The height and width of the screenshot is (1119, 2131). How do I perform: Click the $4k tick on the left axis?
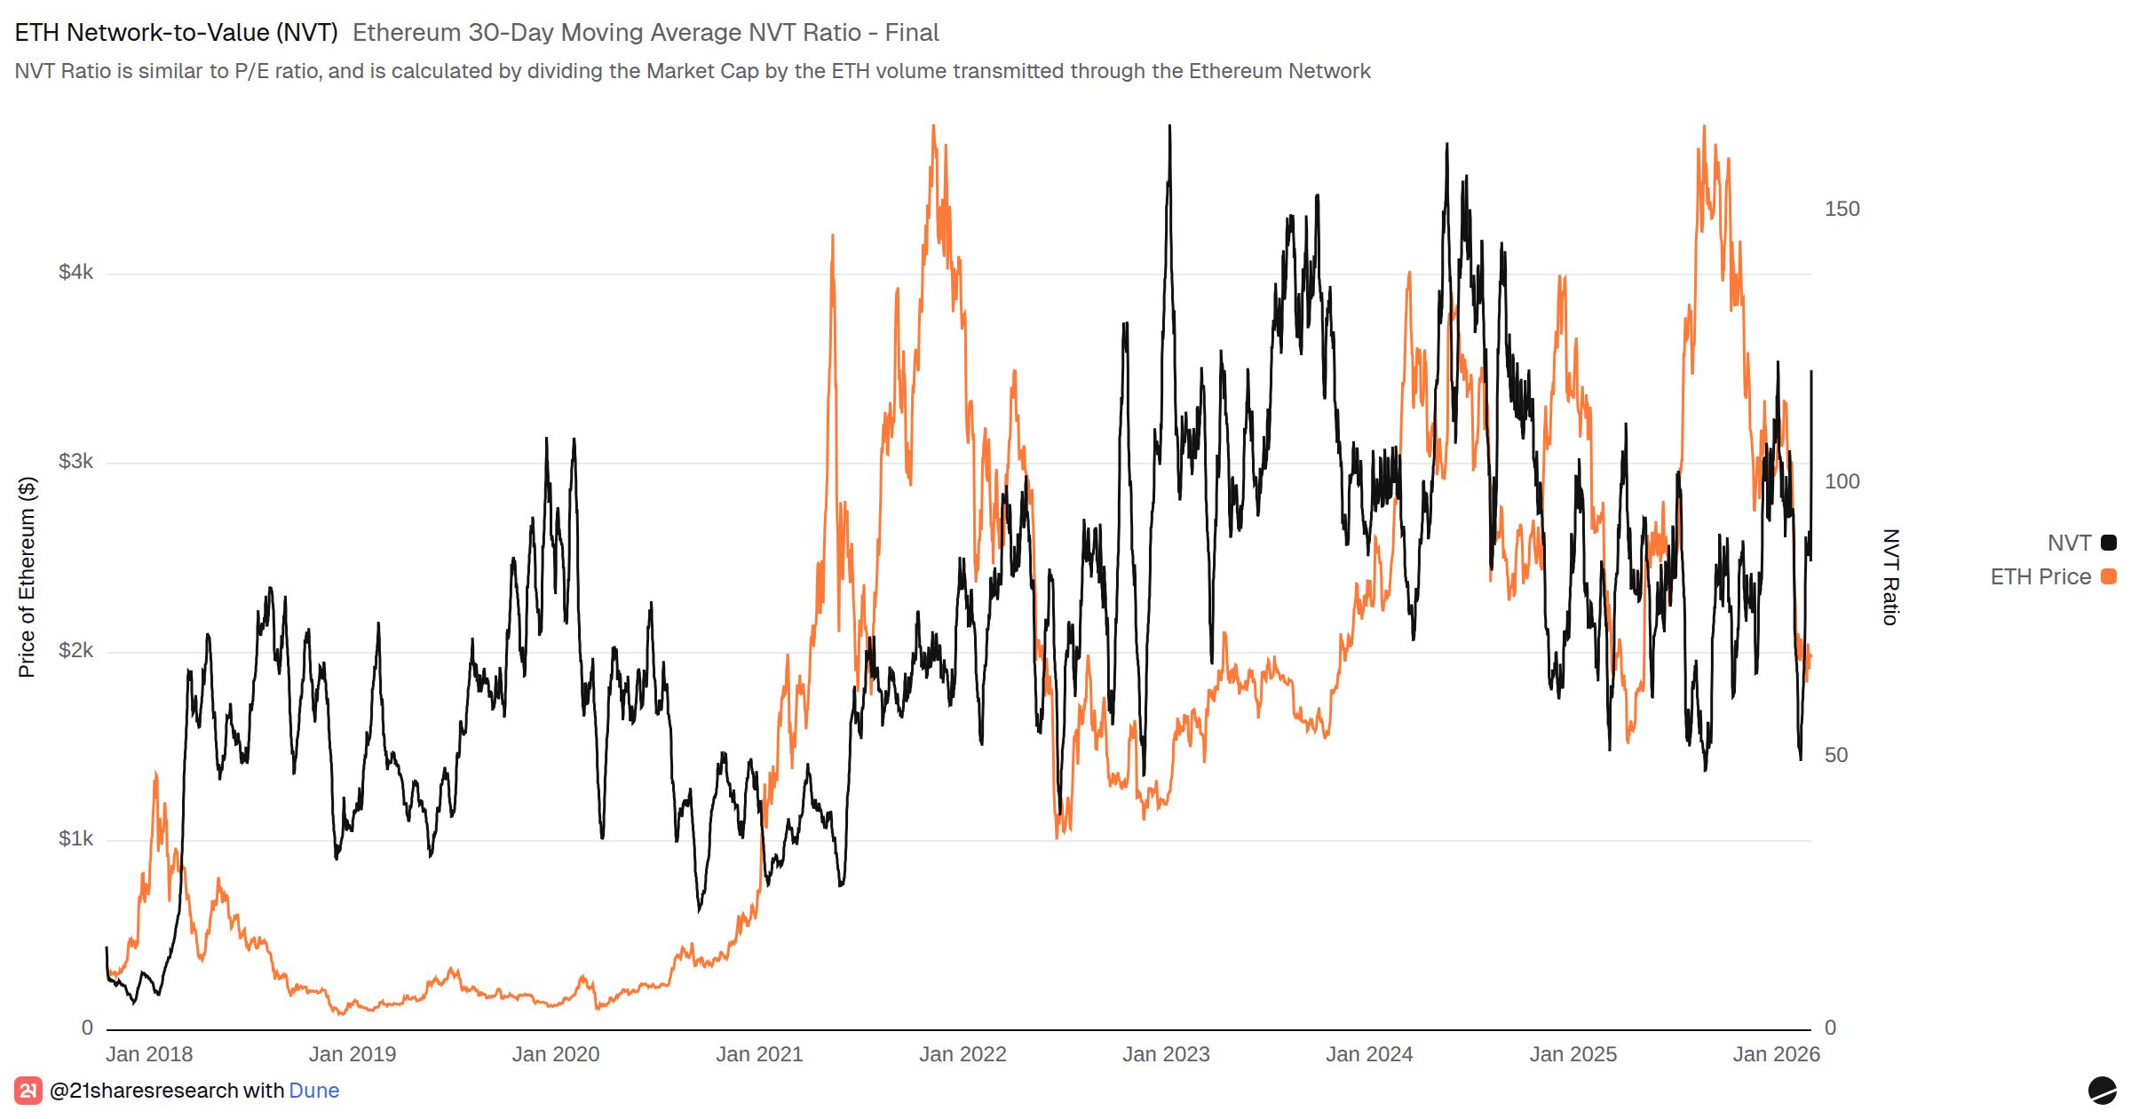tap(75, 273)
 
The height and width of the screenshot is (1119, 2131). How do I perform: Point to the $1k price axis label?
tap(75, 839)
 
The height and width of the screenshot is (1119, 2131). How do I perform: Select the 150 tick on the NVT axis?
tap(1842, 209)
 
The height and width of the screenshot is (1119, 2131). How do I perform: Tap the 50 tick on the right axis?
tap(1836, 755)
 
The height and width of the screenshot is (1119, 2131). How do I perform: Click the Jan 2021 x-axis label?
tap(759, 1054)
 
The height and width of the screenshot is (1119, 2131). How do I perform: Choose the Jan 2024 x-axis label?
tap(1369, 1054)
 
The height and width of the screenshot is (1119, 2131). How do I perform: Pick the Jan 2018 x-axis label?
tap(149, 1054)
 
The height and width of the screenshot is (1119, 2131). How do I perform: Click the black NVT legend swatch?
tap(2108, 543)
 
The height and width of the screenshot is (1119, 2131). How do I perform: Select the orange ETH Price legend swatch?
tap(2108, 576)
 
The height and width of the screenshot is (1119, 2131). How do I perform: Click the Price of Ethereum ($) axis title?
tap(27, 577)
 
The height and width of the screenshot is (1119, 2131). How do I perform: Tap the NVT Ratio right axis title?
tap(1890, 577)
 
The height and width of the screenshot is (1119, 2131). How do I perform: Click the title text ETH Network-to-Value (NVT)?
tap(176, 33)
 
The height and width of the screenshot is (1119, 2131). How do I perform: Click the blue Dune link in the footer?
tap(313, 1091)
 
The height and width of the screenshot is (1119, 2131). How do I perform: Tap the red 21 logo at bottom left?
tap(28, 1091)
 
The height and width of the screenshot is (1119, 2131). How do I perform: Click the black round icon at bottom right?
tap(2102, 1091)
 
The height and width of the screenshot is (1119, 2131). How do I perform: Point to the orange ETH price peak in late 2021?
tap(933, 127)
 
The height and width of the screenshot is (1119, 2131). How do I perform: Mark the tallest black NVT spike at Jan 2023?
tap(1169, 127)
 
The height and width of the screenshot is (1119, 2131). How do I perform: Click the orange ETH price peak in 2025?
tap(1704, 128)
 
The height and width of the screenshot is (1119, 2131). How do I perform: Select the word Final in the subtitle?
tap(912, 33)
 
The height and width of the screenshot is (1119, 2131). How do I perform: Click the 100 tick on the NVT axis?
tap(1842, 481)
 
